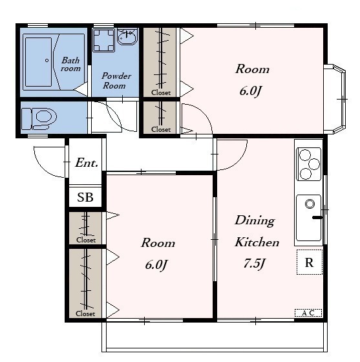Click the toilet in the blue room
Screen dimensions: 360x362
(x=39, y=119)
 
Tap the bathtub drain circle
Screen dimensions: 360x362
(x=47, y=61)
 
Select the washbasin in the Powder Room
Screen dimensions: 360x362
(x=127, y=36)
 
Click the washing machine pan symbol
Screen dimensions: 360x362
(x=103, y=40)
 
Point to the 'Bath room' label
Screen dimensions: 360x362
(x=70, y=65)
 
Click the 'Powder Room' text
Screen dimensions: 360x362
(x=116, y=81)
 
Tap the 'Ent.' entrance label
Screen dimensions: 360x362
(x=87, y=162)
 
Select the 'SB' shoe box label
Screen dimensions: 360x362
(x=85, y=197)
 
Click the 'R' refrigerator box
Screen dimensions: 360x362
(x=309, y=262)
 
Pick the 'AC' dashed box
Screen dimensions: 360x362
(x=308, y=313)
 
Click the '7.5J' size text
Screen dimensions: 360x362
(x=254, y=264)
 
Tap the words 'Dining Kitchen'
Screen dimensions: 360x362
(x=257, y=231)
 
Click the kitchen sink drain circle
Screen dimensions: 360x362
(x=310, y=204)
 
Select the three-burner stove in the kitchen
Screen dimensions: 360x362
(x=309, y=164)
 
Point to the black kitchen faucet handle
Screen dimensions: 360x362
(x=317, y=217)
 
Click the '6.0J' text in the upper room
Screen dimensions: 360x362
(x=251, y=91)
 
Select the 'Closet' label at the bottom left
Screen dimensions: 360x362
(x=85, y=314)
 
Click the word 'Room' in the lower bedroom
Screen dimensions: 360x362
(x=158, y=243)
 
